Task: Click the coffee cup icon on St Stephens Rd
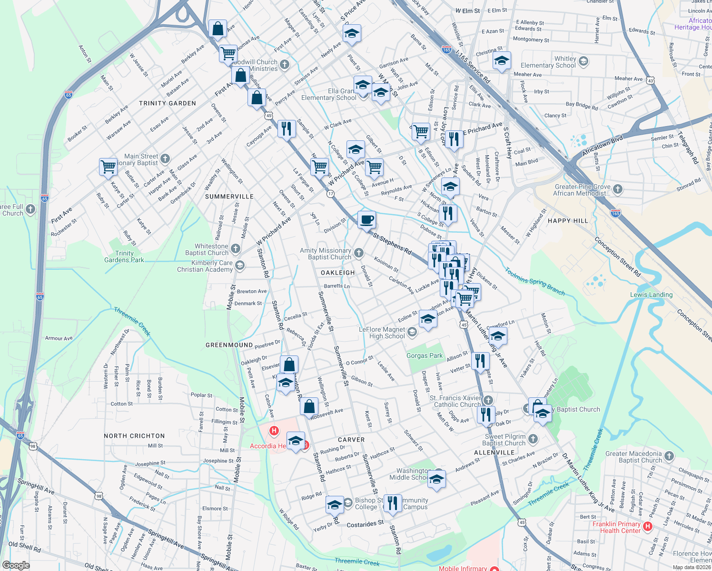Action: coord(366,220)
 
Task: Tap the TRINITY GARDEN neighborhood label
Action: coord(168,103)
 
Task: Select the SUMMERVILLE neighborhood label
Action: coord(229,197)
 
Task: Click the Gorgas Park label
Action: coord(425,356)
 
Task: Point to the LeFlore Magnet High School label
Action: coord(382,333)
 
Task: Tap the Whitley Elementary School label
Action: coord(548,62)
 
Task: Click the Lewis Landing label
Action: coord(651,295)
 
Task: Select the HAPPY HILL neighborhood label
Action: coord(568,221)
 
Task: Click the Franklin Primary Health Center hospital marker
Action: coord(647,526)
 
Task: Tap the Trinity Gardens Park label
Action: coord(124,257)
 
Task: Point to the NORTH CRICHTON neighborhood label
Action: coord(134,436)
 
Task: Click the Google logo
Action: coord(16,565)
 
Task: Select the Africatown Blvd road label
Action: coord(602,146)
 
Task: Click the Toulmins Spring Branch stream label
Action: coord(535,281)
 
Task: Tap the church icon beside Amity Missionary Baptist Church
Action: coord(358,253)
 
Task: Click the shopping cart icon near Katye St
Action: coord(109,167)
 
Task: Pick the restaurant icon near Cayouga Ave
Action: coord(287,128)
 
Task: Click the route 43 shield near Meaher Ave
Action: coord(651,81)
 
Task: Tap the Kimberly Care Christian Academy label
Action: coord(205,266)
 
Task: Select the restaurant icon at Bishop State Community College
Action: coord(392,503)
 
